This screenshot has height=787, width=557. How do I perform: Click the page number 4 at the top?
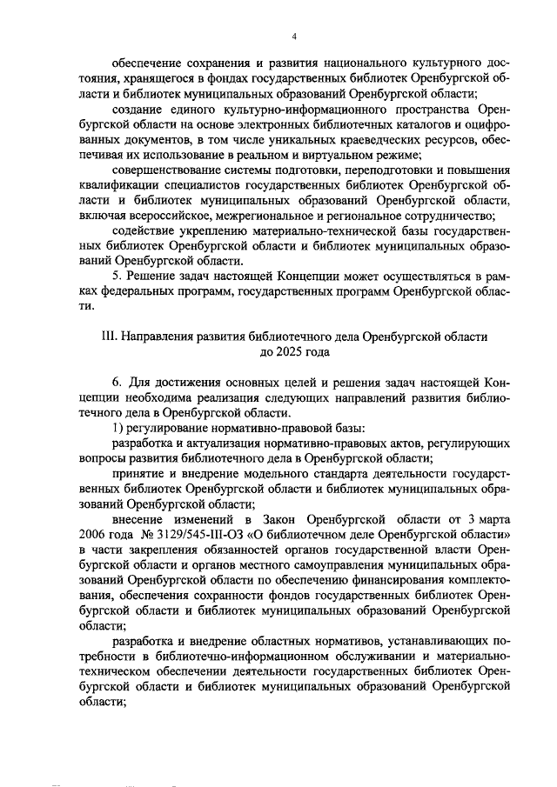[x=295, y=36]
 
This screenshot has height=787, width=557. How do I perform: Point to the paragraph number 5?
[x=117, y=276]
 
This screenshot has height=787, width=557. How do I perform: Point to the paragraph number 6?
[x=117, y=382]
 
